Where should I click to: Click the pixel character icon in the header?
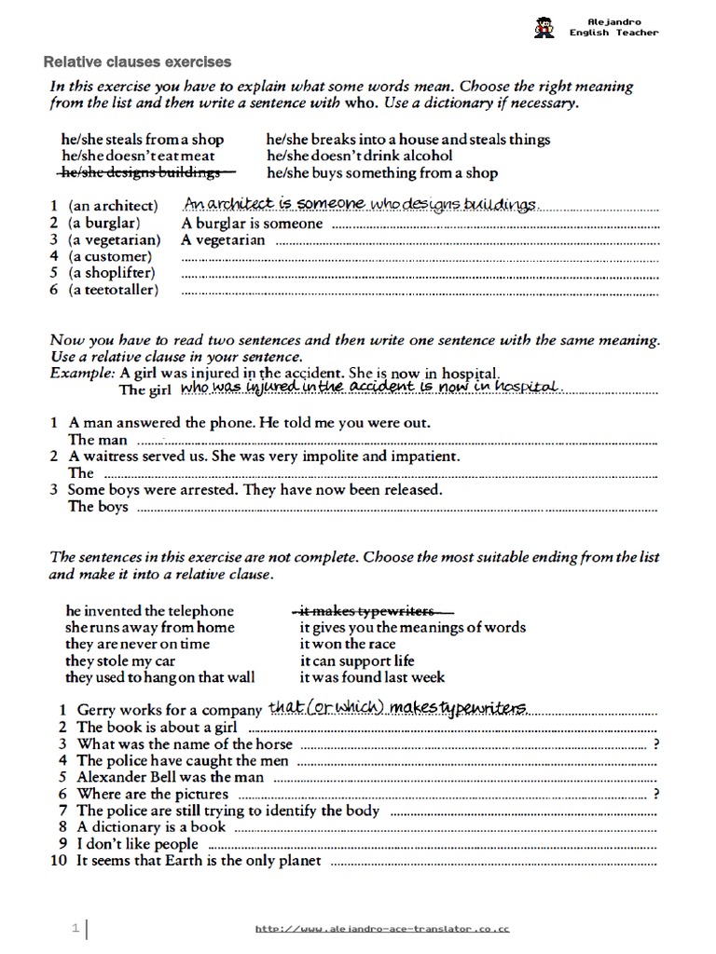pyautogui.click(x=544, y=27)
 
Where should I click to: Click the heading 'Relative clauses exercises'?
pyautogui.click(x=138, y=62)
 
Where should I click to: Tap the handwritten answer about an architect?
pyautogui.click(x=361, y=204)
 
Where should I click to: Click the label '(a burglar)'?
pyautogui.click(x=103, y=224)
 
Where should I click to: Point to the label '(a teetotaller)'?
pyautogui.click(x=113, y=290)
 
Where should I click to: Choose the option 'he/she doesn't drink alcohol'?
pyautogui.click(x=359, y=156)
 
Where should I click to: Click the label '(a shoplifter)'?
pyautogui.click(x=111, y=273)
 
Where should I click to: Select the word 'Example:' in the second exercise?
pyautogui.click(x=82, y=373)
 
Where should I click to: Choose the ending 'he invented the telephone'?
pyautogui.click(x=150, y=611)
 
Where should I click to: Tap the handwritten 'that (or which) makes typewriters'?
pyautogui.click(x=398, y=708)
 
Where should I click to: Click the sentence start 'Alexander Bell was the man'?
pyautogui.click(x=171, y=777)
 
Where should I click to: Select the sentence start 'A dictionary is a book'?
pyautogui.click(x=151, y=827)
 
